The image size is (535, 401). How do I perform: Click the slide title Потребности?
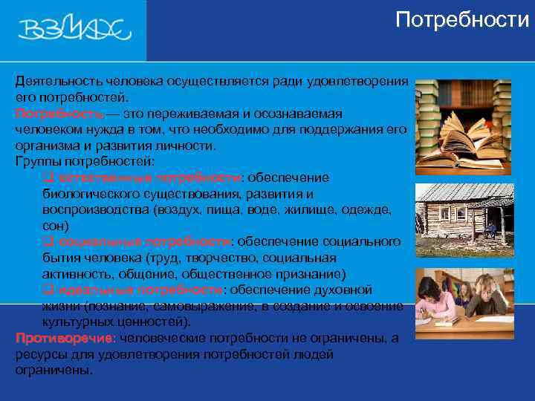tap(462, 19)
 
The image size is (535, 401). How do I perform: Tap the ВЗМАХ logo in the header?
tap(74, 30)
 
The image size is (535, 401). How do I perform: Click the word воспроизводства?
tap(96, 209)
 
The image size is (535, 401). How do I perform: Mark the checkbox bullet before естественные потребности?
tap(48, 177)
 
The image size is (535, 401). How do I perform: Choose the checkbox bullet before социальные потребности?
tap(48, 241)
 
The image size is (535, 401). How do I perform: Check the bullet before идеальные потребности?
tap(48, 290)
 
